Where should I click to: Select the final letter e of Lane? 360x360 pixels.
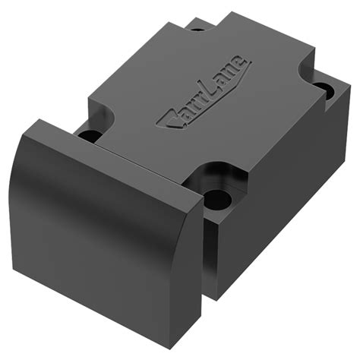238,63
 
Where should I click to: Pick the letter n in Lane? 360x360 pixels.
230,71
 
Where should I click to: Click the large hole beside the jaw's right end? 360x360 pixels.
217,199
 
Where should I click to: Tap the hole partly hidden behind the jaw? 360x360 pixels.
89,134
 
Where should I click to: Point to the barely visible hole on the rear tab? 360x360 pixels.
195,30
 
